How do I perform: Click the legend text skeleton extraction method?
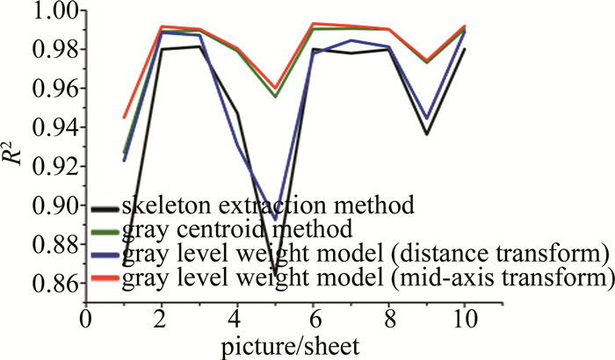[x=267, y=208]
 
